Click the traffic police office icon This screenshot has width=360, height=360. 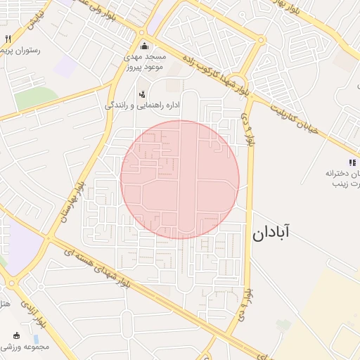(142, 94)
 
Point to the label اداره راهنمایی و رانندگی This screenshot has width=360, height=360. (143, 105)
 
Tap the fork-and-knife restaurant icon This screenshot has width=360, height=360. (8, 39)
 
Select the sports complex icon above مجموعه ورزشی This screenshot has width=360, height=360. (17, 335)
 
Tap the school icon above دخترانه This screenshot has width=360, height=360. (352, 162)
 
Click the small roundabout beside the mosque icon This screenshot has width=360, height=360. (142, 33)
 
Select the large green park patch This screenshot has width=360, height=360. (35, 98)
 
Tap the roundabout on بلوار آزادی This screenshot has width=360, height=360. (13, 284)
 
